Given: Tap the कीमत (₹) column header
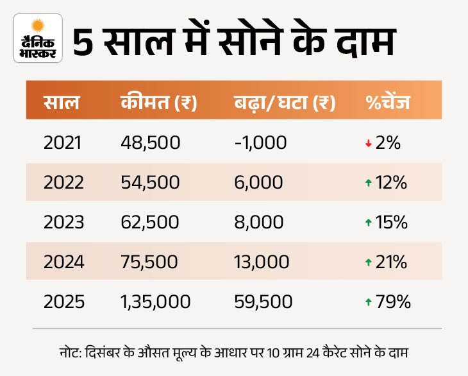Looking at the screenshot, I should (158, 103).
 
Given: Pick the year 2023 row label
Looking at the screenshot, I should (63, 223).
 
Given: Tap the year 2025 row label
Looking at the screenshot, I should (63, 302).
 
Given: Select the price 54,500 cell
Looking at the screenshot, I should (150, 183).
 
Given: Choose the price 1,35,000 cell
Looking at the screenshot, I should (155, 302).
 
